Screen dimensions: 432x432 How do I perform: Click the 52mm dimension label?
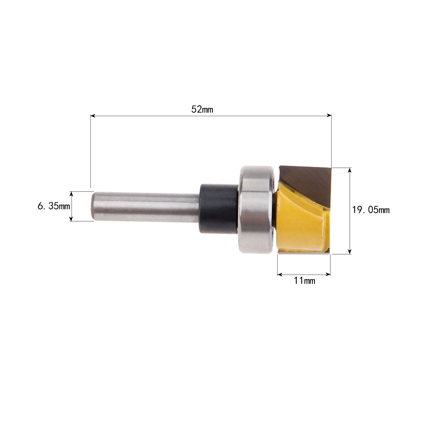click(x=202, y=109)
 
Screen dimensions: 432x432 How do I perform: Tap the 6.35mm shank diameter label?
click(x=54, y=207)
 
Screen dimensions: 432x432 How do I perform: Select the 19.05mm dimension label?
click(x=371, y=210)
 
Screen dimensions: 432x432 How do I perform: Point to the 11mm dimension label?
click(x=304, y=281)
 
